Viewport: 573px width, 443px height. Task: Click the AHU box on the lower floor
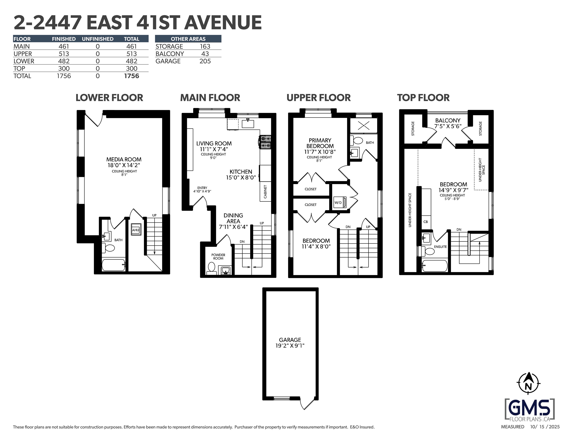point(136,230)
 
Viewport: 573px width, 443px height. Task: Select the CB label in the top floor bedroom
point(426,222)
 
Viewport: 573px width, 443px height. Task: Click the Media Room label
point(124,159)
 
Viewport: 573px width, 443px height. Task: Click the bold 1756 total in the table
point(131,76)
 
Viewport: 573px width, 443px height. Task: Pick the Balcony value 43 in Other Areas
point(205,54)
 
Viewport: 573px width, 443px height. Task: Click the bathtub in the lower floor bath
point(113,265)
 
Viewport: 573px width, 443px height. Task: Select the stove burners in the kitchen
point(265,142)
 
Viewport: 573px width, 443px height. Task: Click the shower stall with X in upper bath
point(364,126)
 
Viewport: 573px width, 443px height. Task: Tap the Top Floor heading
point(423,98)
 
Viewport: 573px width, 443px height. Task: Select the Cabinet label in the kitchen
point(265,192)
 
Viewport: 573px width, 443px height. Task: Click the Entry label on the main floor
point(202,188)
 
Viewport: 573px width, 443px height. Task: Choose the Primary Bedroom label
point(320,143)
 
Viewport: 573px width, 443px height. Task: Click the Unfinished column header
point(98,39)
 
